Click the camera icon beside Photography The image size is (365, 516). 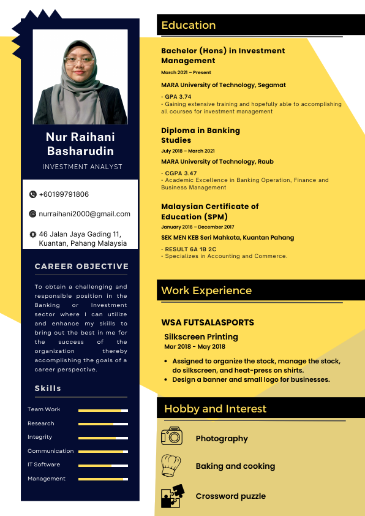171,436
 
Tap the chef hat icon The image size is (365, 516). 171,466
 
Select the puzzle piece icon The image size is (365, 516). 171,496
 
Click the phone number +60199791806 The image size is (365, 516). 64,194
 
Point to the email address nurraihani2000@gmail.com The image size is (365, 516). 85,214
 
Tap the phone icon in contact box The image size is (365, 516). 33,194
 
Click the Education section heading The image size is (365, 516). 189,25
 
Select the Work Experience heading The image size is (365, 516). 206,290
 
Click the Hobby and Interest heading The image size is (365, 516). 216,409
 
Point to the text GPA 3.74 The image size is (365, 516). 178,97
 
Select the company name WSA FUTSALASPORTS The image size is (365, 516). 208,322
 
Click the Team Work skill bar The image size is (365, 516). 103,410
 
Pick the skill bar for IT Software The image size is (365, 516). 103,465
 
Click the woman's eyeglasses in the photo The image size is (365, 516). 80,60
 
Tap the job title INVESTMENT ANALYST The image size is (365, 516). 82,167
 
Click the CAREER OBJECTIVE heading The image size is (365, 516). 81,267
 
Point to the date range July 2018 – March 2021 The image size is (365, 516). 188,151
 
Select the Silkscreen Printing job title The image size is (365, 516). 201,336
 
